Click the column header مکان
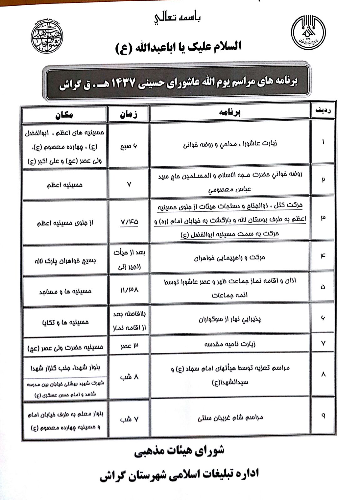[x=64, y=114]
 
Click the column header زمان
[x=129, y=114]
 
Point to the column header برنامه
[x=230, y=113]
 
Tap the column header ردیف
[x=322, y=111]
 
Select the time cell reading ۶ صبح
[x=129, y=146]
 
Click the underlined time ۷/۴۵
[x=129, y=222]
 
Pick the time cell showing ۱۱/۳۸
[x=129, y=290]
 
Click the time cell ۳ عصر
[x=129, y=345]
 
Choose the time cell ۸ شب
[x=129, y=377]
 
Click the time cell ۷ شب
[x=129, y=419]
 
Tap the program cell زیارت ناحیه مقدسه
[x=230, y=344]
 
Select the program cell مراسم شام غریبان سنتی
[x=230, y=417]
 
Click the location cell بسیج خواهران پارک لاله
[x=65, y=260]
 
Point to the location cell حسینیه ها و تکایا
[x=65, y=321]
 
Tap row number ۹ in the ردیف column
[x=323, y=416]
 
